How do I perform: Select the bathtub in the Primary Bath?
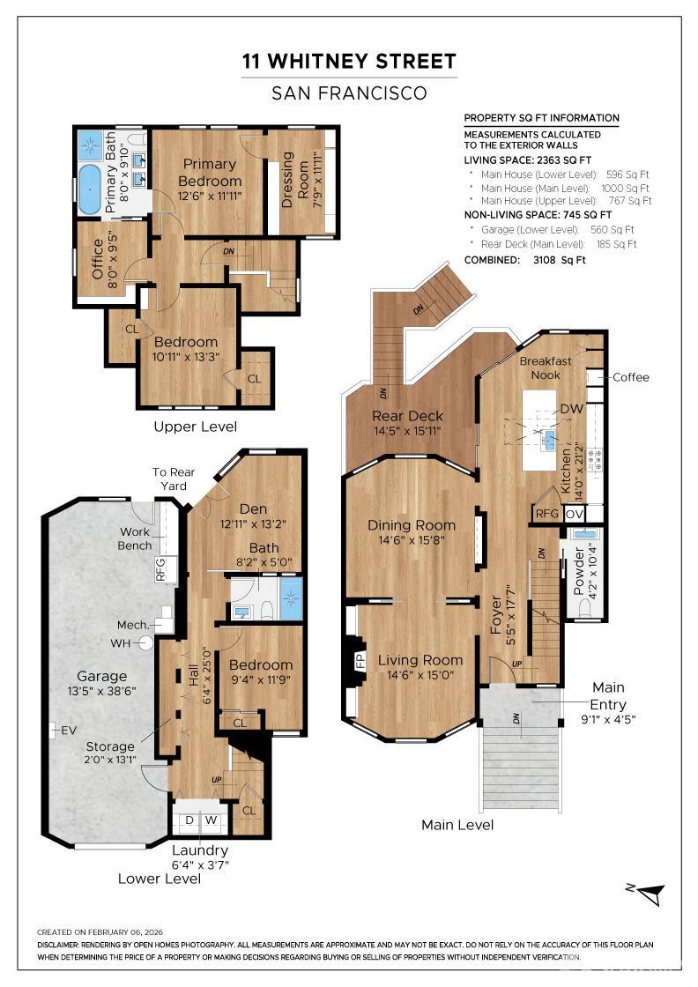pyautogui.click(x=89, y=189)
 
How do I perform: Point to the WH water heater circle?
pyautogui.click(x=146, y=642)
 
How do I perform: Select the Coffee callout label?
pyautogui.click(x=631, y=377)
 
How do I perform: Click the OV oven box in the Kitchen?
pyautogui.click(x=575, y=514)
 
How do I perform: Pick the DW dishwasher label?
pyautogui.click(x=571, y=409)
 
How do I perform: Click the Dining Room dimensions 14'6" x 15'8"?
pyautogui.click(x=412, y=539)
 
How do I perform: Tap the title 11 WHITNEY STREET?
pyautogui.click(x=349, y=61)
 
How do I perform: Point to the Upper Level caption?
pyautogui.click(x=195, y=427)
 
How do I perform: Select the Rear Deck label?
pyautogui.click(x=407, y=415)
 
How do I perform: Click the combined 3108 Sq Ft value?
pyautogui.click(x=559, y=259)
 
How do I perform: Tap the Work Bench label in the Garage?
pyautogui.click(x=135, y=538)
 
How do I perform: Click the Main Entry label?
pyautogui.click(x=608, y=695)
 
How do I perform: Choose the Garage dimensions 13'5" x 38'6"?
pyautogui.click(x=101, y=691)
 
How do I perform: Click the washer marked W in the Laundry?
pyautogui.click(x=211, y=820)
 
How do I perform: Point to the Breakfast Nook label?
pyautogui.click(x=545, y=367)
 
